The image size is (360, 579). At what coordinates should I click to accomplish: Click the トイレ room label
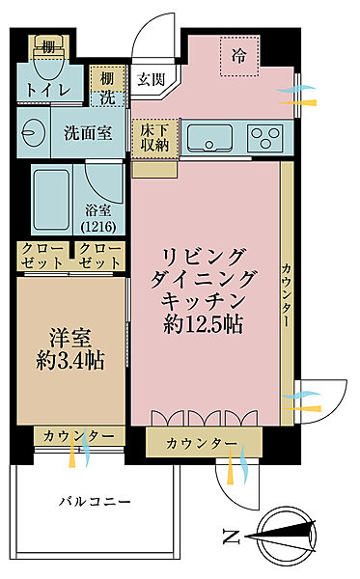tap(45, 91)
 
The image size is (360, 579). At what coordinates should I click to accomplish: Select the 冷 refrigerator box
tap(236, 56)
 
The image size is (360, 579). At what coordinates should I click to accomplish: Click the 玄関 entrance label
tap(150, 79)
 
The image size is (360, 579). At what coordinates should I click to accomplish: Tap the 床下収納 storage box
tap(151, 134)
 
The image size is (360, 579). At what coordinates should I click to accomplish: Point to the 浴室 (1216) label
tap(108, 219)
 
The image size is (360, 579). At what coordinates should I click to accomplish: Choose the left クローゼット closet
tap(42, 257)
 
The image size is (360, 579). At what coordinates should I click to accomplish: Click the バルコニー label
tap(95, 501)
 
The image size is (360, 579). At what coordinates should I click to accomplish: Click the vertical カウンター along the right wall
tap(287, 289)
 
